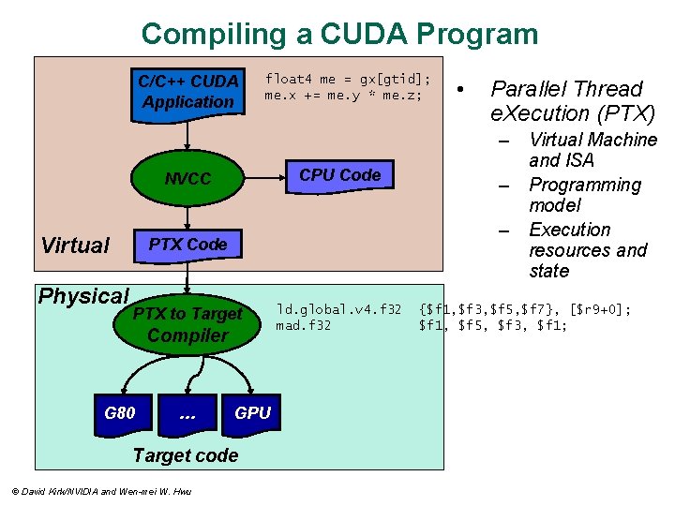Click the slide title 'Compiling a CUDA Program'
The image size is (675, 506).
[339, 35]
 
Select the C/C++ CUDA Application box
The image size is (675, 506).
[187, 92]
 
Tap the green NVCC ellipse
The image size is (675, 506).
[187, 178]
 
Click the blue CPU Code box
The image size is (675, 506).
[339, 175]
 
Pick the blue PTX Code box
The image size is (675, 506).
[187, 245]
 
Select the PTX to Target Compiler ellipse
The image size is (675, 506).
[187, 324]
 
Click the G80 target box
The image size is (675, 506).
[119, 412]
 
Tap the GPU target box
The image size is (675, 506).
[251, 413]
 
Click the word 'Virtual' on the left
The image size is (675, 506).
[75, 246]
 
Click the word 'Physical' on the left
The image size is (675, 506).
[82, 296]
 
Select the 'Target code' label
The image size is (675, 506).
[186, 455]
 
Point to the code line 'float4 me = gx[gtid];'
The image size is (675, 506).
[348, 79]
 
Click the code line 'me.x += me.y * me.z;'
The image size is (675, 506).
[343, 96]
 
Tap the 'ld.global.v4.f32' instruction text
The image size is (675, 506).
[338, 309]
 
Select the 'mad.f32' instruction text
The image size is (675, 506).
[303, 326]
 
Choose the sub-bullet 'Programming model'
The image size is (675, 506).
[584, 195]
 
